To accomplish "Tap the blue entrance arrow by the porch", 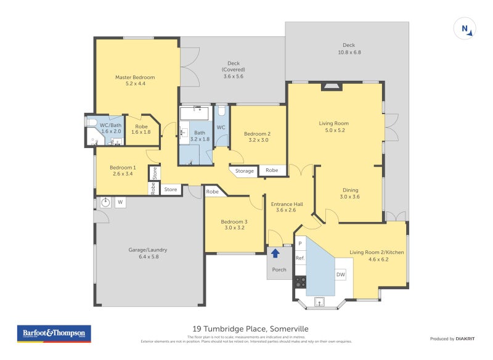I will [x=275, y=252].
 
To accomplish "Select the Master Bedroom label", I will [x=135, y=81].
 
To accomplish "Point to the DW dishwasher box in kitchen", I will [x=340, y=275].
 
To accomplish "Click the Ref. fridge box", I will [x=300, y=258].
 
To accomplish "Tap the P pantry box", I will [x=300, y=243].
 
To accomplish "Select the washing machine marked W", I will [x=120, y=202].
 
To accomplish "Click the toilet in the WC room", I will [x=221, y=113].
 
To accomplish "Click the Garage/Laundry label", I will [x=148, y=253].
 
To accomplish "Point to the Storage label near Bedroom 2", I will [x=245, y=171].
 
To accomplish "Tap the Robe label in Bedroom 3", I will [x=213, y=192].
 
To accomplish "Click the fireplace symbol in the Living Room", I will [x=332, y=87].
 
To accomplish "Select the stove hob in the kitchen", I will [x=300, y=282].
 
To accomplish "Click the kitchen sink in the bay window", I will [x=320, y=301].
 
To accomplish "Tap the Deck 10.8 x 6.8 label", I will [x=349, y=49].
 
